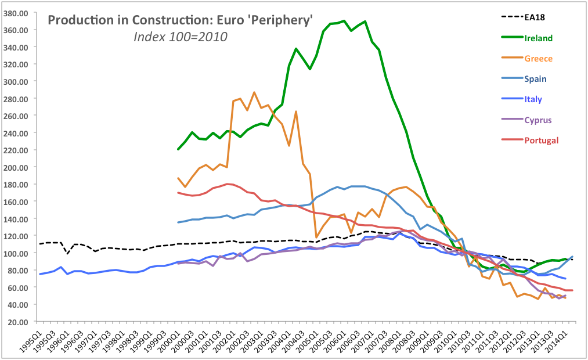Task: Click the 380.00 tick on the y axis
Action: tap(19, 13)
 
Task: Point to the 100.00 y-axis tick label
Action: tap(19, 253)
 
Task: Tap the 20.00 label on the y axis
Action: tap(20, 322)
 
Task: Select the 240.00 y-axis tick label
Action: tap(19, 133)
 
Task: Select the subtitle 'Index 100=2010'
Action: tap(181, 37)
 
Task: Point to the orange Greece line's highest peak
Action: tap(254, 92)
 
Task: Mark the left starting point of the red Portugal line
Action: tap(178, 193)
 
